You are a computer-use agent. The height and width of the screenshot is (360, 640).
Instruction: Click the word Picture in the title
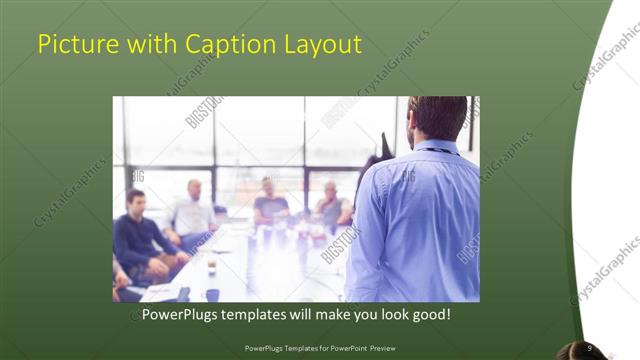click(76, 45)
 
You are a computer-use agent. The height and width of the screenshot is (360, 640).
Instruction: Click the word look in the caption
click(387, 314)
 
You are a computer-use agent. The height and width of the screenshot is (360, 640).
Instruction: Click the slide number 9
click(590, 348)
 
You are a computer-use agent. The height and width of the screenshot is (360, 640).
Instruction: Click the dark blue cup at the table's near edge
click(212, 294)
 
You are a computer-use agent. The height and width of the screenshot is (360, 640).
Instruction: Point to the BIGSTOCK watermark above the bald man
click(204, 112)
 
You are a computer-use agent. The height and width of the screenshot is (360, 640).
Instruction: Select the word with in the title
click(142, 45)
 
